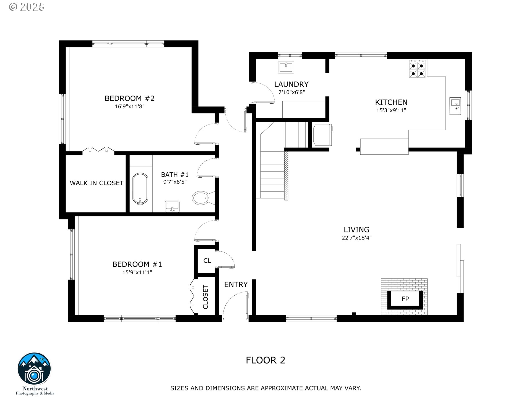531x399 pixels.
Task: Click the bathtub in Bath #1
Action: tap(140, 189)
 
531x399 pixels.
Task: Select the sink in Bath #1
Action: tap(172, 206)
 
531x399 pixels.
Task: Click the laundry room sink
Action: tap(286, 67)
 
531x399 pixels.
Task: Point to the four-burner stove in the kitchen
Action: tap(417, 69)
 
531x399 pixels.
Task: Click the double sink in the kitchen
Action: tap(455, 106)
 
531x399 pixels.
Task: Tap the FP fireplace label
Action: tap(405, 299)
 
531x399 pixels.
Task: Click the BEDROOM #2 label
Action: tap(129, 98)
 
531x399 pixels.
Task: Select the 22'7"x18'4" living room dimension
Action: tap(356, 238)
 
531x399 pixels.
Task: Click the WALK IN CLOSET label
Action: tap(97, 183)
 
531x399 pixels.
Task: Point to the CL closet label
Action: tap(207, 261)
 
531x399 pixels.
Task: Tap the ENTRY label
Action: tap(236, 285)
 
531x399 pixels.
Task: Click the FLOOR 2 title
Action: tap(265, 360)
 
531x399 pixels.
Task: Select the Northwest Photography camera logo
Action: tap(34, 368)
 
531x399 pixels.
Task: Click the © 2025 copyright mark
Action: tap(27, 7)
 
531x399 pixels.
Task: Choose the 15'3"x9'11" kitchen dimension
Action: tap(391, 110)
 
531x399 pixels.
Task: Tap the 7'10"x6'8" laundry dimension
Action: tap(291, 92)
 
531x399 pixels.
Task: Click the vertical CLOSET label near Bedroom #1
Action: tap(205, 297)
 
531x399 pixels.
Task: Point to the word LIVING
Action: tap(356, 230)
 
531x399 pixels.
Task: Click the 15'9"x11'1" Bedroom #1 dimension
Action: tap(137, 272)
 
